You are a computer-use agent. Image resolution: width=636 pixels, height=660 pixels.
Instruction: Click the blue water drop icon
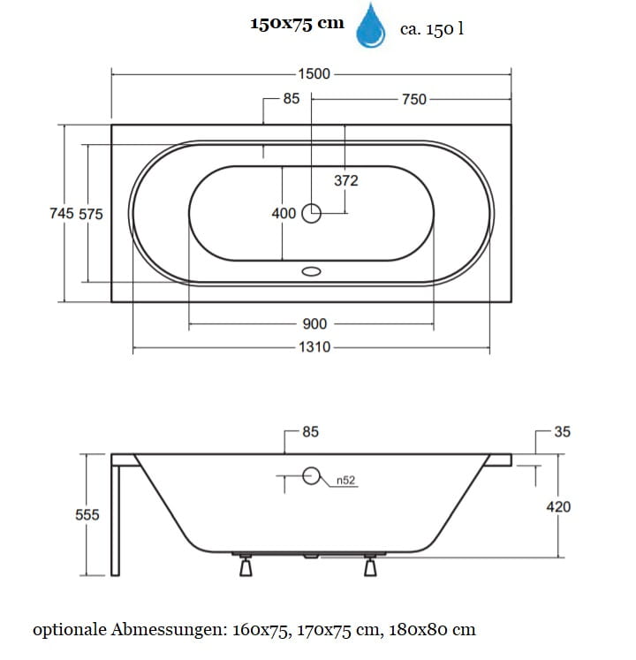[x=371, y=27]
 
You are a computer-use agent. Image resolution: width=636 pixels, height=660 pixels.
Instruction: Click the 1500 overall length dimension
[x=314, y=74]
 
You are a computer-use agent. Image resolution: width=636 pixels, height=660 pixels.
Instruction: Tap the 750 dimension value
[x=414, y=99]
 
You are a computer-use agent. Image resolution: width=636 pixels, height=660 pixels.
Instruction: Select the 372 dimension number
[x=346, y=180]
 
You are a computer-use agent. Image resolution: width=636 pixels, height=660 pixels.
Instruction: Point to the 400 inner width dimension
[x=284, y=214]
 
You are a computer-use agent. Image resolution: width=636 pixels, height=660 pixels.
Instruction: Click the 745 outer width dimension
[x=62, y=214]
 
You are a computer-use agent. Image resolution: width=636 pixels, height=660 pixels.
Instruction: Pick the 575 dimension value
[x=91, y=214]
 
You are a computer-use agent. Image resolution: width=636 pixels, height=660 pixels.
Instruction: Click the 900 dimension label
[x=314, y=324]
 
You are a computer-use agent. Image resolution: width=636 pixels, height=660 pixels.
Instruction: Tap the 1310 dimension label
[x=314, y=347]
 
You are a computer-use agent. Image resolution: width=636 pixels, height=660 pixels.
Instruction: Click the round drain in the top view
[x=312, y=214]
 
